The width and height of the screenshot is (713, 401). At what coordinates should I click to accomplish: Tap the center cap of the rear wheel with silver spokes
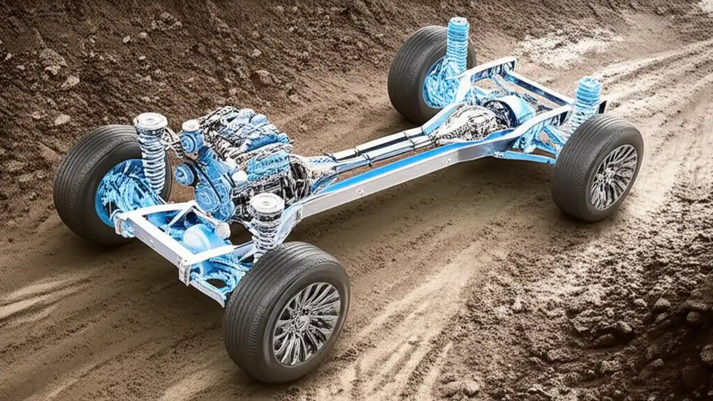613,177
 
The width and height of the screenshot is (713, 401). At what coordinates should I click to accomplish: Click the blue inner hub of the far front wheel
120,189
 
